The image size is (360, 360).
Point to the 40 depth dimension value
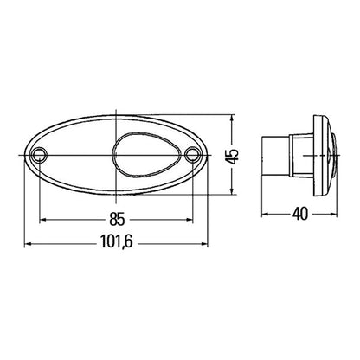pos(299,212)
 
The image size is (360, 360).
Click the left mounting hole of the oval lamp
pos(39,156)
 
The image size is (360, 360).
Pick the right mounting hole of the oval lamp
pos(193,156)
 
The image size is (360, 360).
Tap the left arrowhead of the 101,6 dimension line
pos(26,244)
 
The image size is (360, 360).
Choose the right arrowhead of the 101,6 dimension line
pos(206,244)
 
